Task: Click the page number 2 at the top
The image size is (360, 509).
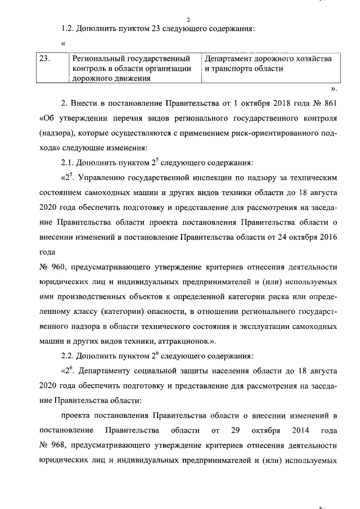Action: (181, 21)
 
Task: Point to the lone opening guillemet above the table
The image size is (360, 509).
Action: (64, 43)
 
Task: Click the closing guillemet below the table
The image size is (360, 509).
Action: (334, 88)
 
